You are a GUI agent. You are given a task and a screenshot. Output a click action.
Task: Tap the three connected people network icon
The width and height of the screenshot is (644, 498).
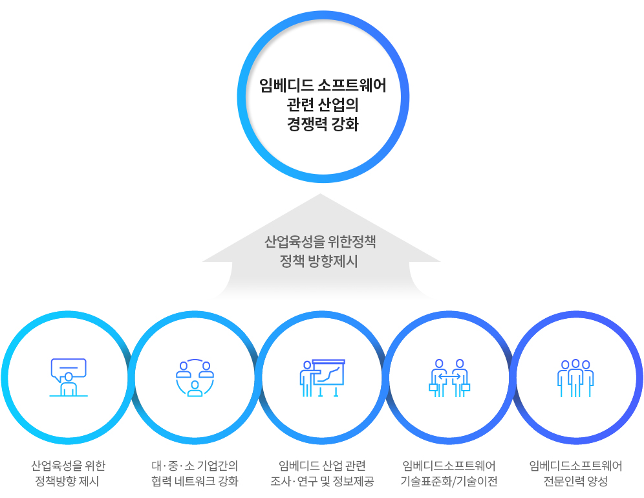tap(195, 378)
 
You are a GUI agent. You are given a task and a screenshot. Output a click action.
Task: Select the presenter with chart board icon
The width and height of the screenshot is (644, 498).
tap(322, 378)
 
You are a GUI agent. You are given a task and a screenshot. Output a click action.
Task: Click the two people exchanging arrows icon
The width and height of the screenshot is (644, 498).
tap(449, 378)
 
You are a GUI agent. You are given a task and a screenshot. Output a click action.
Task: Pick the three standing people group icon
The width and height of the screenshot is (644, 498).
tap(575, 378)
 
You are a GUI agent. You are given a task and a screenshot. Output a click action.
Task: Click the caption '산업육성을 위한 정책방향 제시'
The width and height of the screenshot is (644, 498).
tap(68, 473)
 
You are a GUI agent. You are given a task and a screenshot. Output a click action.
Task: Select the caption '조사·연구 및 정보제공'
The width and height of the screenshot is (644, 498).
tap(322, 482)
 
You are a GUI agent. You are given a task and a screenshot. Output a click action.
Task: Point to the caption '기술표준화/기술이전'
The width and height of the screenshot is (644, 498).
tap(449, 482)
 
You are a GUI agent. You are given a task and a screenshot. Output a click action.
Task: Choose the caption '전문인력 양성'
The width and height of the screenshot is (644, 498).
tap(575, 482)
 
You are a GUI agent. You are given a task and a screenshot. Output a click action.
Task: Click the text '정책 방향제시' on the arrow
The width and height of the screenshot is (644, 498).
tap(321, 262)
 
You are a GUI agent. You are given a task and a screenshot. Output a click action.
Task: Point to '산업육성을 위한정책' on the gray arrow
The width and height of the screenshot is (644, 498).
tap(321, 243)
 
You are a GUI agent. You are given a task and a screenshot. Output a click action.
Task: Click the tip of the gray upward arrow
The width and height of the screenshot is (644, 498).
tap(321, 195)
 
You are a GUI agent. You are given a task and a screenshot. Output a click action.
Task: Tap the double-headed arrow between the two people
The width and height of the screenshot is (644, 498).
tap(449, 375)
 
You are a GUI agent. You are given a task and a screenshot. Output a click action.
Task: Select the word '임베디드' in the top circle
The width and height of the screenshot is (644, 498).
tap(286, 85)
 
